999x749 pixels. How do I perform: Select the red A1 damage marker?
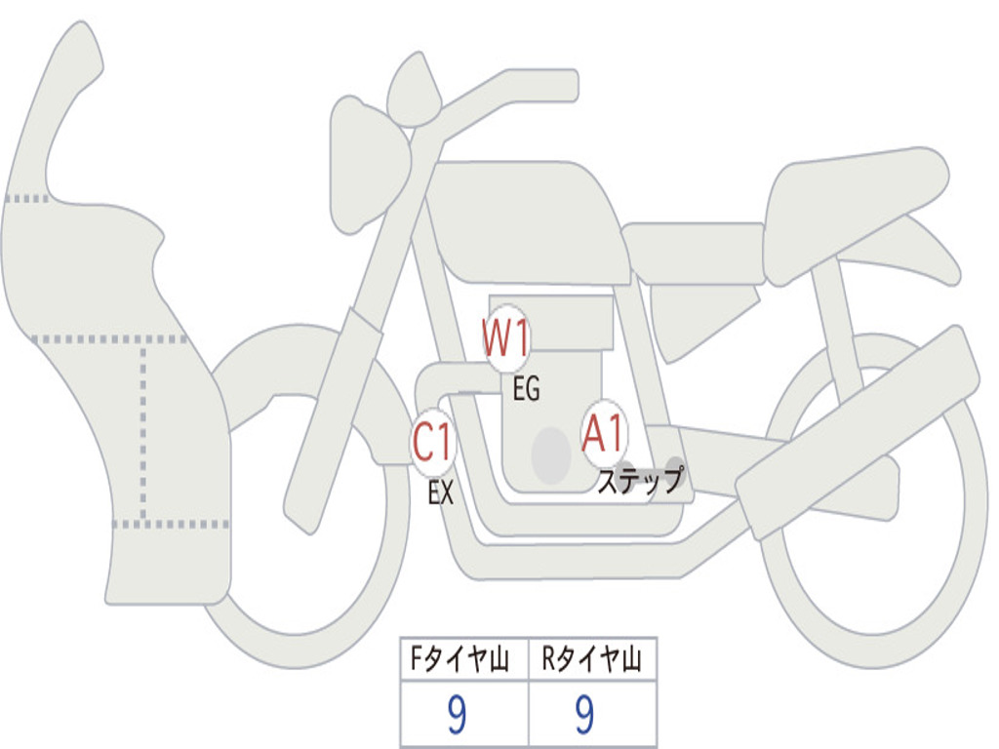click(603, 433)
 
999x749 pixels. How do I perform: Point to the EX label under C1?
click(441, 493)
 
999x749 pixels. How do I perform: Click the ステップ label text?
click(640, 482)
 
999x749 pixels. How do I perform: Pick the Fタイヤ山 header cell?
click(463, 660)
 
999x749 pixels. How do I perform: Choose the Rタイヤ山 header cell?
click(592, 660)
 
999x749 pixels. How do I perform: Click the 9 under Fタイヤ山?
click(457, 716)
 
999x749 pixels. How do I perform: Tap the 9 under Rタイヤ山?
click(584, 716)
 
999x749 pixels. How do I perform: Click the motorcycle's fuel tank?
click(527, 219)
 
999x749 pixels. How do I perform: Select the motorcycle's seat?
click(849, 200)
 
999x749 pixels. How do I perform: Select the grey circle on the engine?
click(550, 454)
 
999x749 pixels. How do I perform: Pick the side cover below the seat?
click(698, 312)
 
